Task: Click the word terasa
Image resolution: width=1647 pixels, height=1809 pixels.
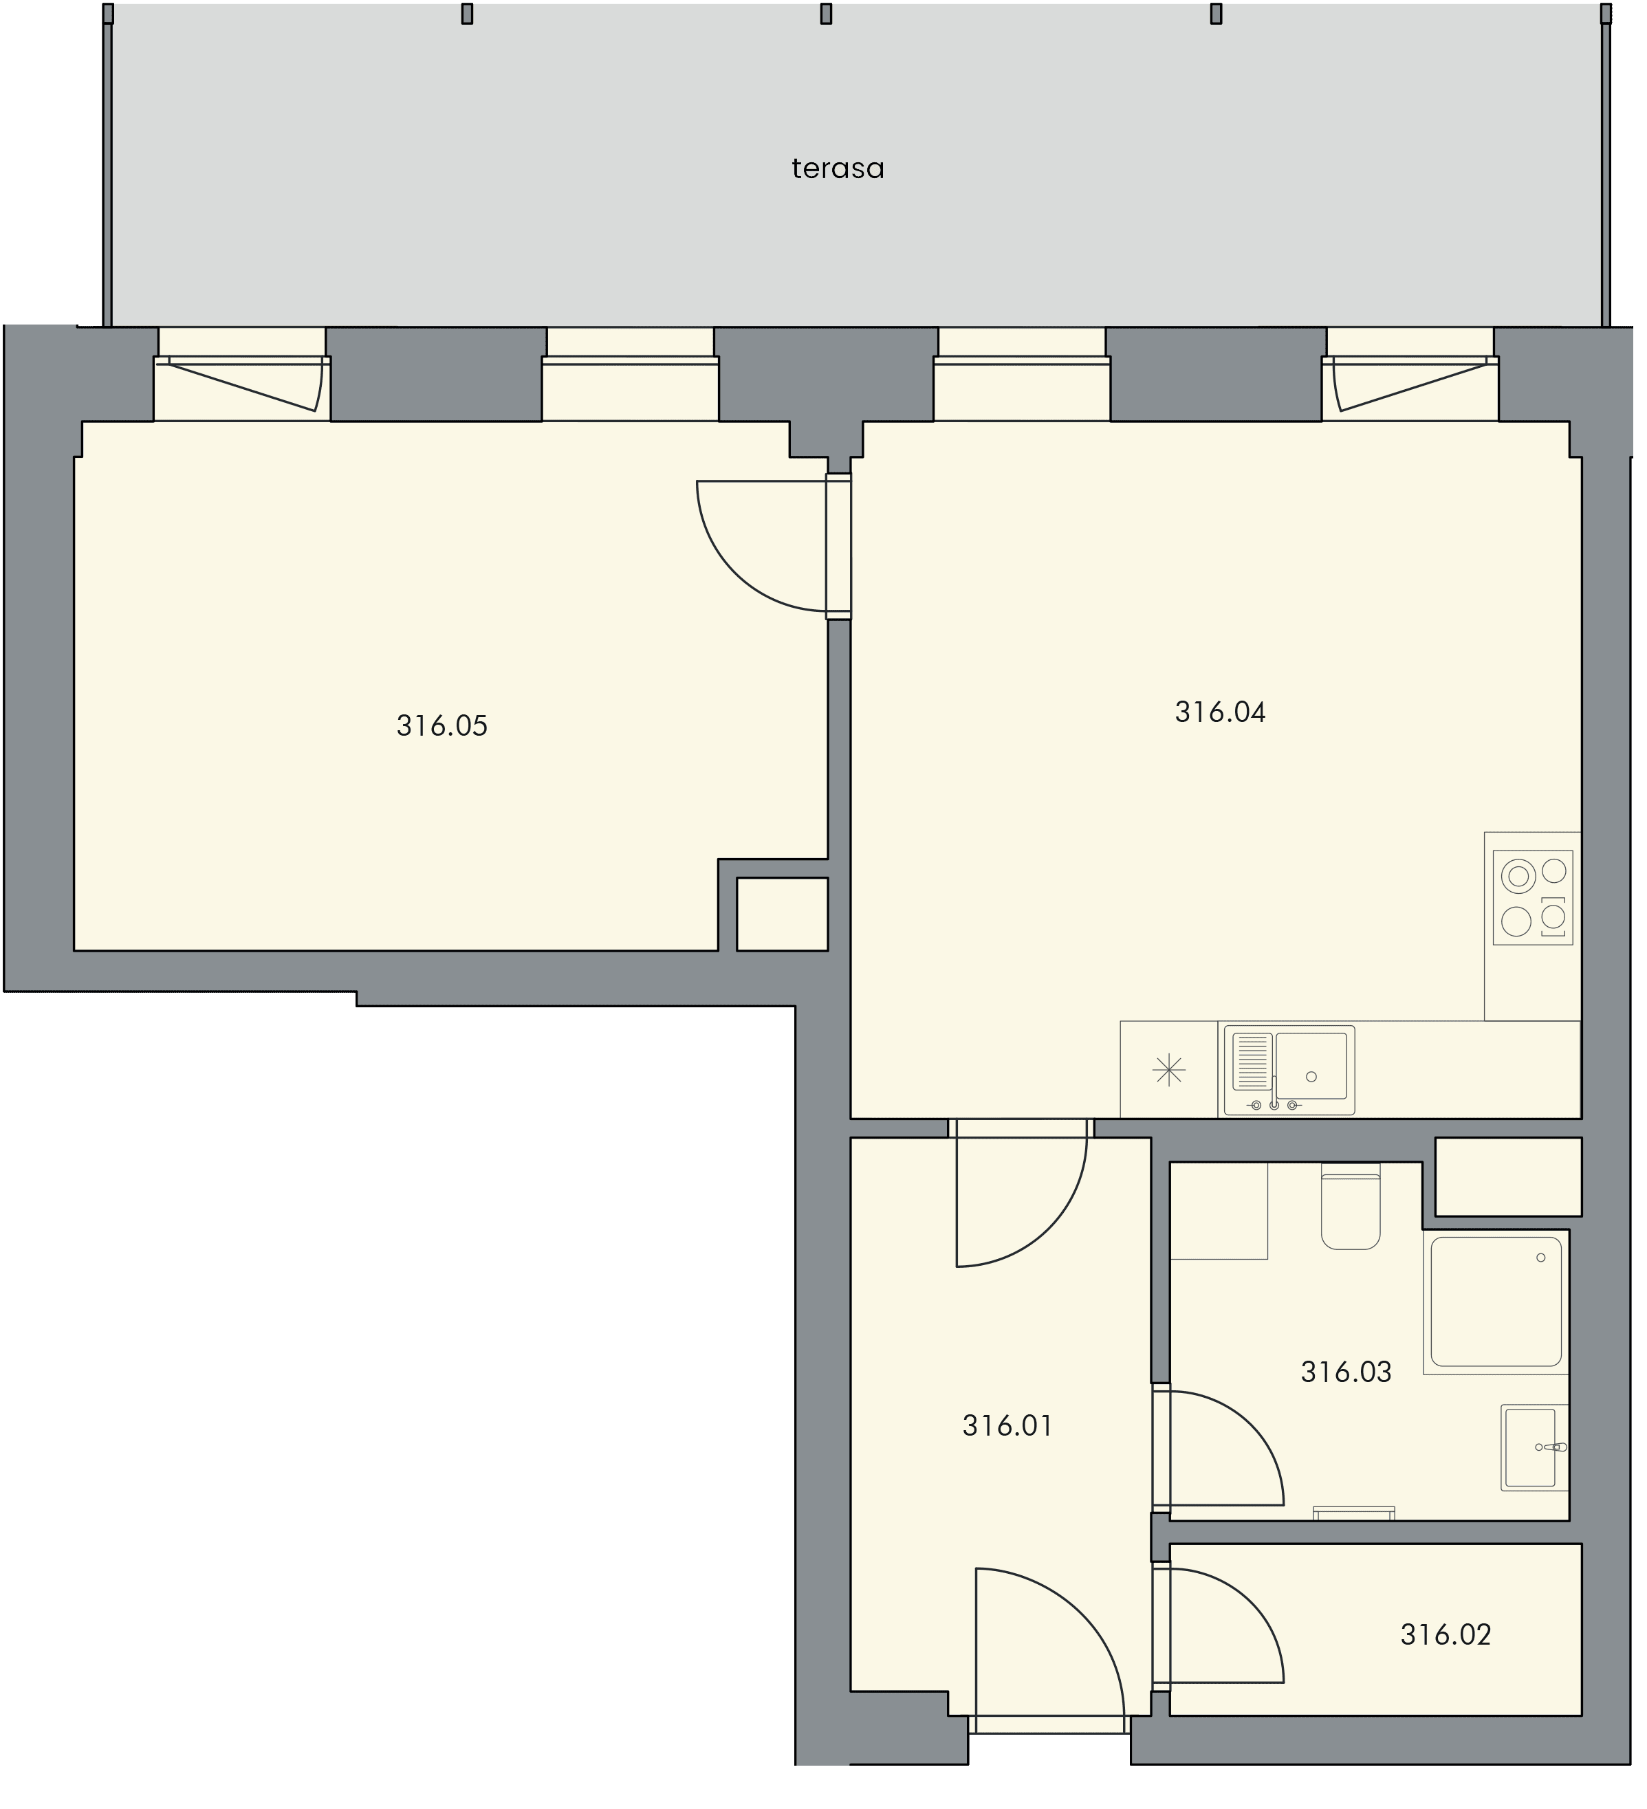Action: [838, 168]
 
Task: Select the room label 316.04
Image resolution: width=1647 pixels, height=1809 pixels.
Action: [1220, 712]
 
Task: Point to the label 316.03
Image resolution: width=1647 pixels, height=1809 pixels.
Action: [1345, 1371]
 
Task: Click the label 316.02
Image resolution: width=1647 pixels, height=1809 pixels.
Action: [1445, 1634]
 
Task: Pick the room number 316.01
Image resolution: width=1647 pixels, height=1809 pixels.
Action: [1007, 1425]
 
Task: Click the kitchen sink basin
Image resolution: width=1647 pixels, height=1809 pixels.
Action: [1311, 1066]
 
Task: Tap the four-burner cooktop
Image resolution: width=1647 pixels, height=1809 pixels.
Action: [1533, 897]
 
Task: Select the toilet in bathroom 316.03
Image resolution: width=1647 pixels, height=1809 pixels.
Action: [1350, 1207]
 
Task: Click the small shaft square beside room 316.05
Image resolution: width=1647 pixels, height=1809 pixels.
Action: [782, 914]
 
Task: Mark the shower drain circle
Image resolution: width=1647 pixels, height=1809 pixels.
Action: [1541, 1258]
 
